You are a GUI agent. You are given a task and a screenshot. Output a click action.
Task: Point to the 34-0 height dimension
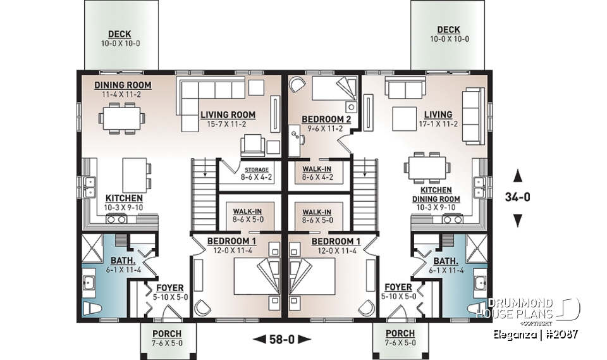pyautogui.click(x=517, y=197)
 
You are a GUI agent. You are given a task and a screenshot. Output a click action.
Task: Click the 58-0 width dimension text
pyautogui.click(x=282, y=339)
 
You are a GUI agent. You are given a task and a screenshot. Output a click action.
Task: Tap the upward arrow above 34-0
pyautogui.click(x=517, y=175)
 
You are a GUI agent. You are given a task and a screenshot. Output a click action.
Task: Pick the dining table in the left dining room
pyautogui.click(x=120, y=117)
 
